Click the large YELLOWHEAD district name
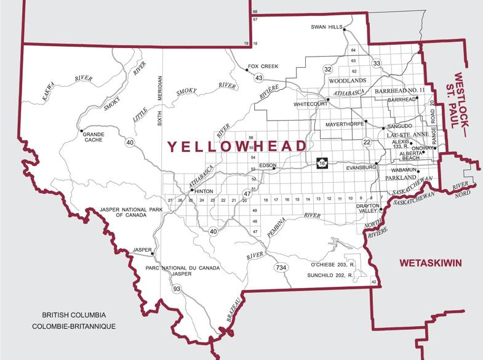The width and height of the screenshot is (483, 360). tap(236, 146)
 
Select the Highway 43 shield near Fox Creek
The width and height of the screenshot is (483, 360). tap(259, 78)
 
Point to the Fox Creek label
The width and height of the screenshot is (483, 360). tap(263, 66)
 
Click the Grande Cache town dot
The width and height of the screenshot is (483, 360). tap(81, 130)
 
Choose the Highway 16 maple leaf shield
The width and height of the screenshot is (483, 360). tap(321, 163)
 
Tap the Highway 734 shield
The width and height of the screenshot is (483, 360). tap(281, 267)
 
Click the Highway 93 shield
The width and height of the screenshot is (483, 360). tap(177, 288)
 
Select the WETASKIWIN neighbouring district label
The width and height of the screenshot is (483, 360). tap(430, 263)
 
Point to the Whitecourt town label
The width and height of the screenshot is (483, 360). tap(310, 104)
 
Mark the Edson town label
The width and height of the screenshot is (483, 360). tap(268, 166)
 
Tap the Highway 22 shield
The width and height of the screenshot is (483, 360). tap(367, 142)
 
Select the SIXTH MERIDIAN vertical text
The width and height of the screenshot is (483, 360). tap(160, 100)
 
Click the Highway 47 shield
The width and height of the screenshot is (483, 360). tap(247, 193)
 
